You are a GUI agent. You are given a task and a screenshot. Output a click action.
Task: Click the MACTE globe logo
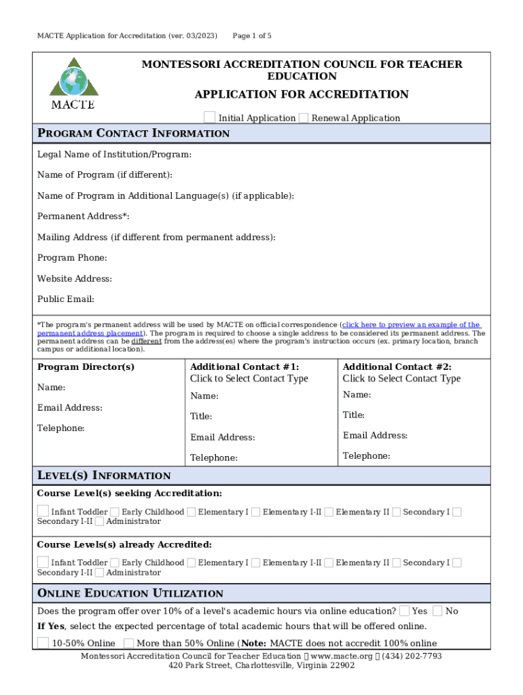click(73, 83)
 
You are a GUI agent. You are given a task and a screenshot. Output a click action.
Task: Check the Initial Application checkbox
click(211, 117)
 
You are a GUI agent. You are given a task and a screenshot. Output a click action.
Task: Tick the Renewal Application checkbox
click(304, 117)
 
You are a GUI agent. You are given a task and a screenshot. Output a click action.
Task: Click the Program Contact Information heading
click(133, 133)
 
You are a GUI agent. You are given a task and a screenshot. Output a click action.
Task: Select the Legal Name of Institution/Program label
click(114, 155)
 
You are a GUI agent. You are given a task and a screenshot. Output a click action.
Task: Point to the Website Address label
click(75, 278)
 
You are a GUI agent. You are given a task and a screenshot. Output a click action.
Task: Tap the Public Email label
click(65, 299)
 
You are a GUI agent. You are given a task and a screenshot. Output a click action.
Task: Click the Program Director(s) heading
click(86, 367)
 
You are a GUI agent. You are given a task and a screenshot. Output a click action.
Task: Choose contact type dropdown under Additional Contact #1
click(249, 379)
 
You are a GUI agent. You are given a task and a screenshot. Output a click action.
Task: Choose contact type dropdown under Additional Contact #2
click(401, 379)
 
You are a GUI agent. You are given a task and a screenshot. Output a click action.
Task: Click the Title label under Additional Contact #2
click(354, 415)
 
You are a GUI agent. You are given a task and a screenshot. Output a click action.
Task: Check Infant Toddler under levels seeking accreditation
click(43, 511)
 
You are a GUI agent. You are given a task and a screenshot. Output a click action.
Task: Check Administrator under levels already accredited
click(100, 572)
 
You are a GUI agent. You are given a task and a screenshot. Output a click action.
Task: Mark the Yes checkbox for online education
click(404, 611)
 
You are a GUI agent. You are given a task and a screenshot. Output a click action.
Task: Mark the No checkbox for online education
click(438, 611)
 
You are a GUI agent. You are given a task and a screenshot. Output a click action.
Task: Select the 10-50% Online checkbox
click(43, 643)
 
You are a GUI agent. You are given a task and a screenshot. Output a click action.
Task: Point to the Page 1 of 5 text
click(252, 35)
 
